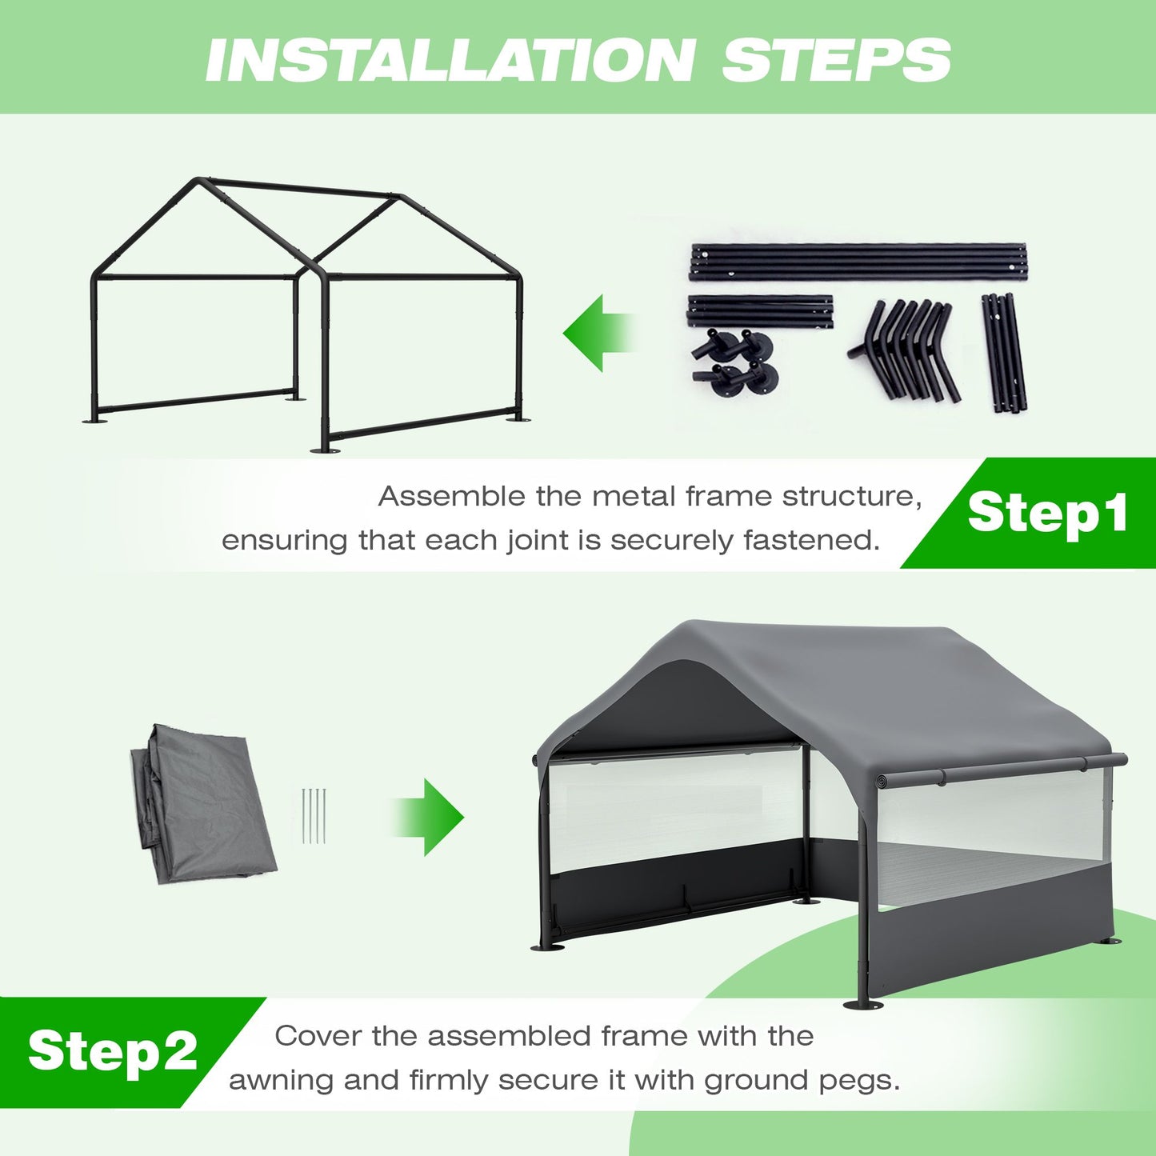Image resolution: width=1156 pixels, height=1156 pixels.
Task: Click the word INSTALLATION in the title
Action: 450,60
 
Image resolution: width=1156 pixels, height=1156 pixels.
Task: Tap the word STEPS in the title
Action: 837,60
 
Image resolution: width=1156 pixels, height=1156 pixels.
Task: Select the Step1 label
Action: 1048,514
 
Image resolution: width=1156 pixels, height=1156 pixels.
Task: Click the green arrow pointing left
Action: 598,332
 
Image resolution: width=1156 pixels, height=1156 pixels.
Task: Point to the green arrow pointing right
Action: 426,817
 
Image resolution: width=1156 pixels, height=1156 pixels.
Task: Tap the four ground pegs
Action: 314,816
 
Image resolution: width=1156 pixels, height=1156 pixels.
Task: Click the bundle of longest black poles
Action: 858,262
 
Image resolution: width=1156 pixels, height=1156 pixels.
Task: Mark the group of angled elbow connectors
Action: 905,350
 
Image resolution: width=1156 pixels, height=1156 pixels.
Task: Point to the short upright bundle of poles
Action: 1003,352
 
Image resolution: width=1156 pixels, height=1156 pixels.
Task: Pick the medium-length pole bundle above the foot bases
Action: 761,310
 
